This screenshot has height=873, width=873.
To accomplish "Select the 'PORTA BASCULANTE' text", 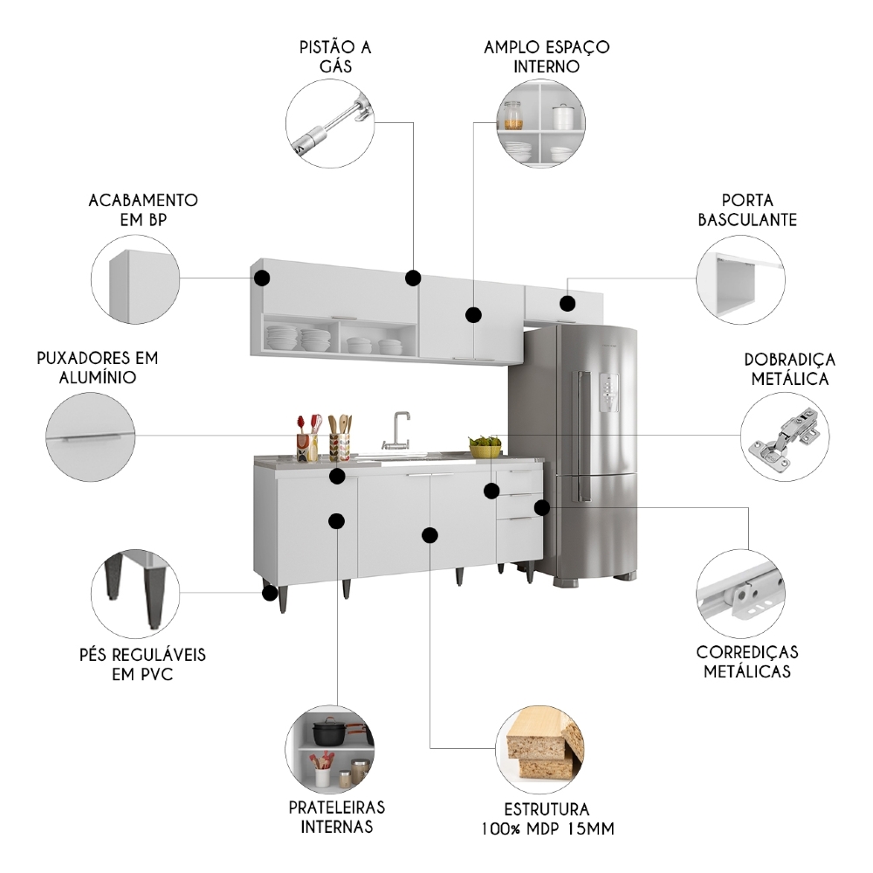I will pos(747,210).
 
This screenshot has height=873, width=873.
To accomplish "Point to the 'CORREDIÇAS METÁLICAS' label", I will pos(747,662).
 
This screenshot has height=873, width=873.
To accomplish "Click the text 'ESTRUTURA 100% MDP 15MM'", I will pos(546,819).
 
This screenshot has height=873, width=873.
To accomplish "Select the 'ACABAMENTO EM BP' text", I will pos(143,210).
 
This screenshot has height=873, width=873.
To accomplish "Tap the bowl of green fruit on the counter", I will pos(485,446).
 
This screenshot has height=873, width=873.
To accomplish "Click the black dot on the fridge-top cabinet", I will pos(568,304).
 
